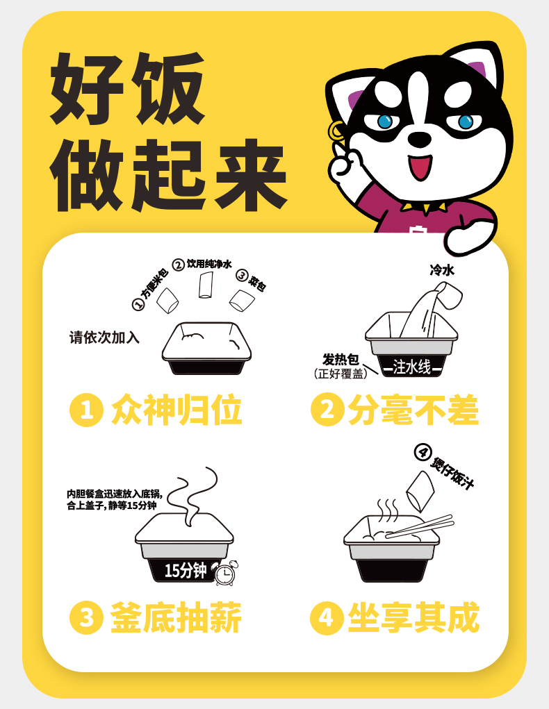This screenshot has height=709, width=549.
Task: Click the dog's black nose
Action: click(x=420, y=138)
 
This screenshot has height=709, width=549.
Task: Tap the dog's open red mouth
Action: click(x=420, y=167)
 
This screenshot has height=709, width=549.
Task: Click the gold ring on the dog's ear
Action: click(x=336, y=131)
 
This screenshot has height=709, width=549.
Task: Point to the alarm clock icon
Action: click(x=226, y=573)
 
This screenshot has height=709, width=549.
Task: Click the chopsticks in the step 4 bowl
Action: click(x=420, y=526)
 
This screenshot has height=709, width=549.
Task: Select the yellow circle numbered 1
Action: click(x=86, y=410)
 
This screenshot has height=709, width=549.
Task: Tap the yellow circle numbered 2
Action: click(x=328, y=410)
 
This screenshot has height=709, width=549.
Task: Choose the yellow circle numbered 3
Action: click(x=86, y=617)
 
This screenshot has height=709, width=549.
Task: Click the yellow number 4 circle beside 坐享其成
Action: click(x=327, y=617)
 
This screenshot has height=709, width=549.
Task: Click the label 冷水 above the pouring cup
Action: click(x=442, y=270)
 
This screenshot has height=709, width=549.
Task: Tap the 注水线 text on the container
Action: click(x=412, y=367)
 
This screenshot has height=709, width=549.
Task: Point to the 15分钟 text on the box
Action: click(x=185, y=571)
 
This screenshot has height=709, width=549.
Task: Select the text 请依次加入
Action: click(x=104, y=337)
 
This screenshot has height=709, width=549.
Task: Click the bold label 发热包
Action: click(x=341, y=360)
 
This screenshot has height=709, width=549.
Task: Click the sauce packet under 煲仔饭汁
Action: click(x=420, y=491)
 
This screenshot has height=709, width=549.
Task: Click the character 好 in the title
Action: click(x=87, y=88)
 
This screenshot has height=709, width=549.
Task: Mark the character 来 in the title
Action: click(x=250, y=174)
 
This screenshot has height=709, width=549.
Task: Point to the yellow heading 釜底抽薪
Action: click(x=176, y=617)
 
